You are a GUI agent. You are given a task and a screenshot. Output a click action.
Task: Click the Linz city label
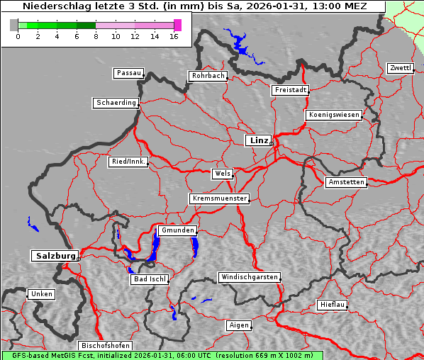pos(258,140)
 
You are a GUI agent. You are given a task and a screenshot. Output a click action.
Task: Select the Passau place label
pos(128,73)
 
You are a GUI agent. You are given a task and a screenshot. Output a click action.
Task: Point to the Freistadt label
pos(290,90)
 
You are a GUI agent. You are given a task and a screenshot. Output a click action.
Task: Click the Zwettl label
pos(400,68)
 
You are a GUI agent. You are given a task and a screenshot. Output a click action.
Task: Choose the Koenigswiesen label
pos(334,115)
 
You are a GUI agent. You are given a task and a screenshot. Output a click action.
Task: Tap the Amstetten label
pos(345,182)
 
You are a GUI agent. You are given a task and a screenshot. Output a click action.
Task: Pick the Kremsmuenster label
pos(219,198)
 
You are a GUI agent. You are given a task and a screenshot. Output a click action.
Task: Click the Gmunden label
pos(177,230)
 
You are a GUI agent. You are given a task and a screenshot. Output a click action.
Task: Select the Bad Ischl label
pos(150,279)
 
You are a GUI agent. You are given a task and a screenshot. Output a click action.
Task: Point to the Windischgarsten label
pos(248,277)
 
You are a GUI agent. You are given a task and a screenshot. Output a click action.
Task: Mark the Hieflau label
pos(333,305)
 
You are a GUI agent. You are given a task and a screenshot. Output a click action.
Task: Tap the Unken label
pos(41,293)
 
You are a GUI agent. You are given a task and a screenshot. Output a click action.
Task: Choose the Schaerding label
pos(116,103)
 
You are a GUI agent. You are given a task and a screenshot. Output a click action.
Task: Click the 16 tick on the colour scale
pos(174,35)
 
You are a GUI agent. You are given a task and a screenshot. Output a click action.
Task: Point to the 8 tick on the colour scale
pos(96,35)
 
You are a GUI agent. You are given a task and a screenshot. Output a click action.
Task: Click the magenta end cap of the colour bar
pos(177,25)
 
